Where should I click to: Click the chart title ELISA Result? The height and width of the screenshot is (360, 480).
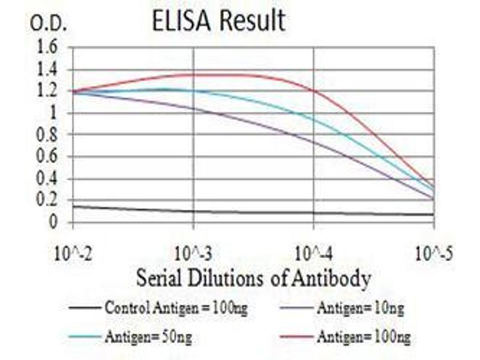(x=218, y=21)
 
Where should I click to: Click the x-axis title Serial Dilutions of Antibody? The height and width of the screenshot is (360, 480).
(x=253, y=278)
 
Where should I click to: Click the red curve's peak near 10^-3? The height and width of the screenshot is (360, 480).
(x=210, y=74)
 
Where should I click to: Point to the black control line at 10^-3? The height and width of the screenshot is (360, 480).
(x=193, y=211)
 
